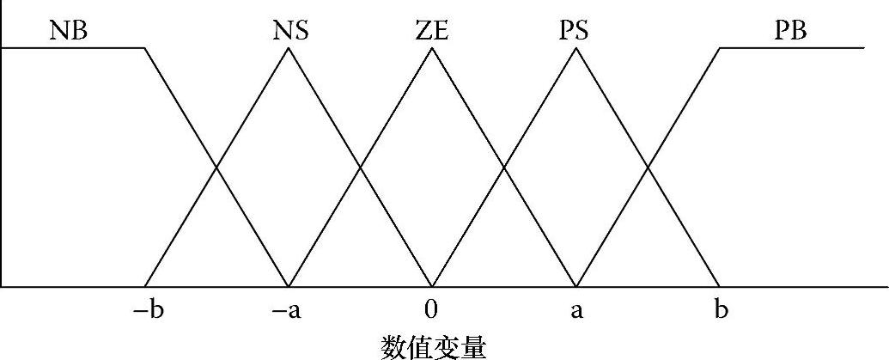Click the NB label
70,31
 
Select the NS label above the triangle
290,31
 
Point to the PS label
569,31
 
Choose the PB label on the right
789,31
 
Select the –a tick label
289,309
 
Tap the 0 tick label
432,309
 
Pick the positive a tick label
576,309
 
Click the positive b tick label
720,309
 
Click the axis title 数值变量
432,345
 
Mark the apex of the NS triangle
289,48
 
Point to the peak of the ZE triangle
432,48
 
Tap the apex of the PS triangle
576,48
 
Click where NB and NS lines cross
217,168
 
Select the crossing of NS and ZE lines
361,168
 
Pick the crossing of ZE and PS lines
504,168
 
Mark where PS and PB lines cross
648,168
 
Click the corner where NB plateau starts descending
145,48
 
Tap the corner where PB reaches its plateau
720,48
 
